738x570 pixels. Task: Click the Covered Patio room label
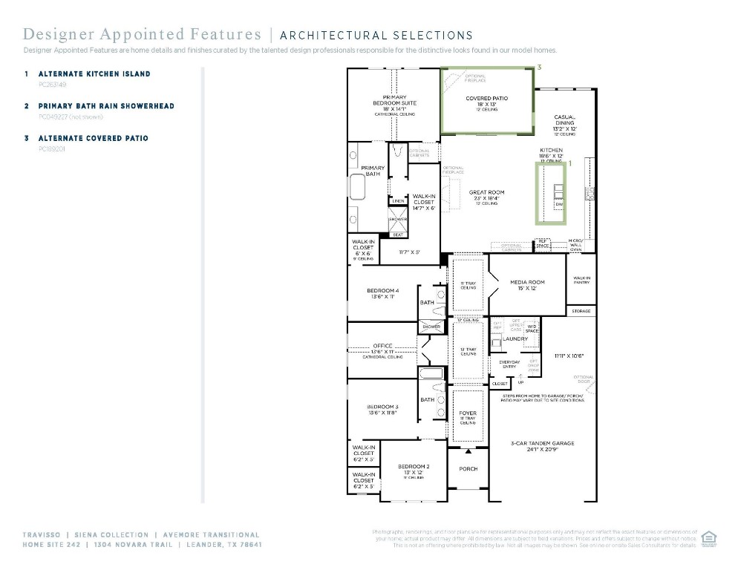[486, 99]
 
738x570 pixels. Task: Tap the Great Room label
[486, 193]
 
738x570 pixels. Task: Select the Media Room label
[527, 283]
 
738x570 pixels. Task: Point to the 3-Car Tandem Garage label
[542, 444]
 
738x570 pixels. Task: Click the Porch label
[468, 469]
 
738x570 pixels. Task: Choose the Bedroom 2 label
[412, 467]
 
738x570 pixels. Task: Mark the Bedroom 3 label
[382, 407]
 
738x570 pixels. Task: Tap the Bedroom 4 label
[382, 291]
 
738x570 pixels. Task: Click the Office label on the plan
[383, 346]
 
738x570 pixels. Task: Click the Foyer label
[468, 413]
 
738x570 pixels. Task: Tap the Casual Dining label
[564, 121]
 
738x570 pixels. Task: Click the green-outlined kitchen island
[550, 193]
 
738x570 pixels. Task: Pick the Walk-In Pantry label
[581, 281]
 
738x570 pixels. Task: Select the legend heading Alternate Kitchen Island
[94, 74]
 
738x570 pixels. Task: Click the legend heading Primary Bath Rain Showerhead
[106, 106]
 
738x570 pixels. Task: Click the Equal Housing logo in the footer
[708, 537]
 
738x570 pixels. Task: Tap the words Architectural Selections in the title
[376, 35]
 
